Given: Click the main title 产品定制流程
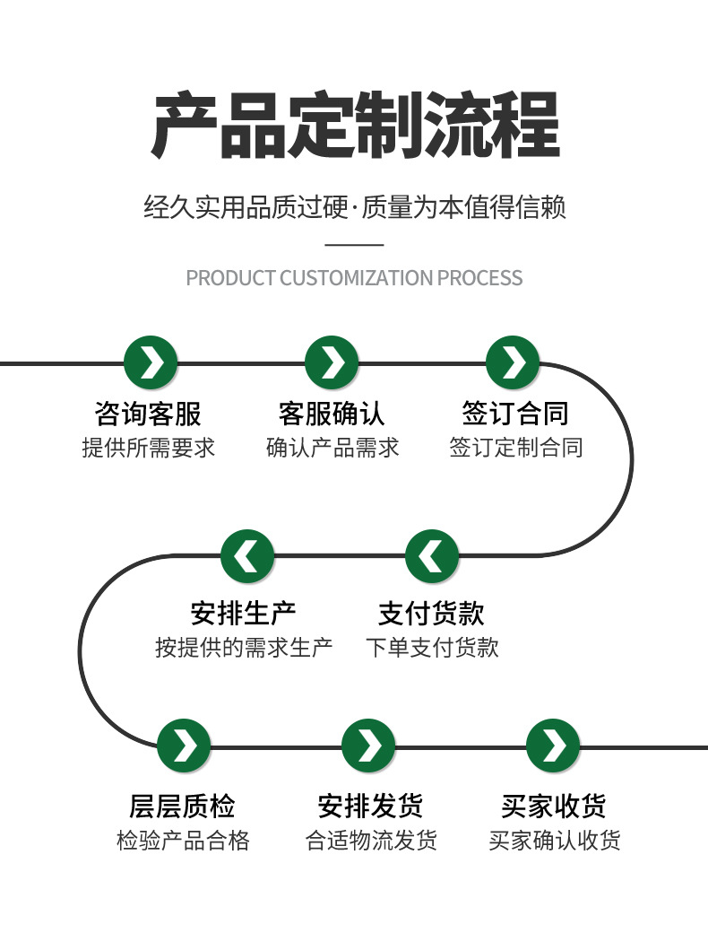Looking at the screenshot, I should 354,126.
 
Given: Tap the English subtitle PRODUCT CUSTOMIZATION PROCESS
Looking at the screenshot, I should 354,277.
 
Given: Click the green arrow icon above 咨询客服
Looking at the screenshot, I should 151,363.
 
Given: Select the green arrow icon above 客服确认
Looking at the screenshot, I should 332,363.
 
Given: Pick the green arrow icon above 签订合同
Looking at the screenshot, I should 513,363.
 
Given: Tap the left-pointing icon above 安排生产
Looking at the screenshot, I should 247,556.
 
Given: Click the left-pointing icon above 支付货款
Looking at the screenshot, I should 432,556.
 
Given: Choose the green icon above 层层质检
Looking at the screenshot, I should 184,746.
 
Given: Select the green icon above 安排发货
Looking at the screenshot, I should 368,746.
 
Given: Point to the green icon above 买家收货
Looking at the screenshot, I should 553,746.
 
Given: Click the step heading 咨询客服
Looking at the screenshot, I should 148,414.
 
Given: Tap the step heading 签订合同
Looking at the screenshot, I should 515,414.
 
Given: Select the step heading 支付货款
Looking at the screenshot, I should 431,614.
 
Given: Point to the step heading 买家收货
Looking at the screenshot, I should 553,806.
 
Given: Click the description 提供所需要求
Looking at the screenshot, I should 148,447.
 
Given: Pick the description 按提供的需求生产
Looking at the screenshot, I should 244,647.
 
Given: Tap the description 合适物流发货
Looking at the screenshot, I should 371,841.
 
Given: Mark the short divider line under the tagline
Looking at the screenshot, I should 353,244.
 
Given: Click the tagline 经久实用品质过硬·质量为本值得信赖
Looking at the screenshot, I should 354,208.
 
